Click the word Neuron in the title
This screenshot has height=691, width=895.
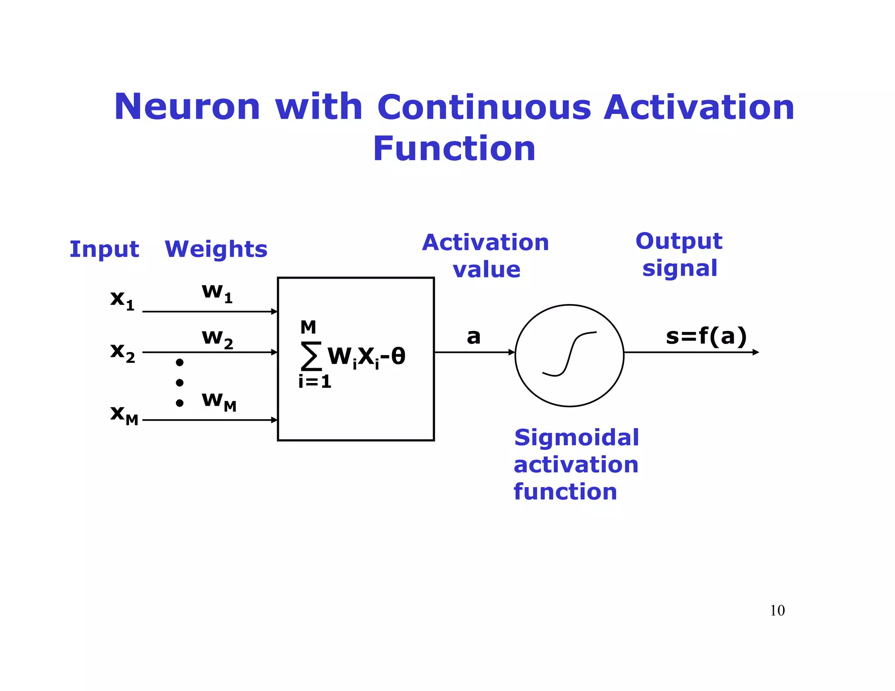click(x=187, y=107)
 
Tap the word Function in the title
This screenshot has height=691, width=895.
click(x=454, y=149)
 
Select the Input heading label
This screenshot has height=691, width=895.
click(x=104, y=249)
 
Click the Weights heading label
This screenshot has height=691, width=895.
click(x=216, y=249)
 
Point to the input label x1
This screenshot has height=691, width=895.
click(x=122, y=300)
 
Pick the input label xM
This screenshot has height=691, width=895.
click(x=124, y=414)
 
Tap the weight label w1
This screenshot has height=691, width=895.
click(x=217, y=292)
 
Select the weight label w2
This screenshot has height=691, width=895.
click(x=217, y=339)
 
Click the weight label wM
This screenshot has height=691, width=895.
click(x=219, y=401)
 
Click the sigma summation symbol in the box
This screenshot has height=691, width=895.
click(x=311, y=356)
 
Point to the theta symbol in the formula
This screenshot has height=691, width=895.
click(x=398, y=356)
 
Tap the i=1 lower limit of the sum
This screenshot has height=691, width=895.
click(x=315, y=382)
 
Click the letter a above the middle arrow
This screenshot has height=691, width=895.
click(x=473, y=337)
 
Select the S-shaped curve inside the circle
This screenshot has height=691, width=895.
click(x=569, y=354)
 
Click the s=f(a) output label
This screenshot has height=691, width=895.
click(x=706, y=336)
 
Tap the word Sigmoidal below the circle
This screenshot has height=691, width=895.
click(x=576, y=438)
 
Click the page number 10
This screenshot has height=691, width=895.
click(x=777, y=610)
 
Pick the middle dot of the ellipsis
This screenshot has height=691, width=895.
click(x=180, y=383)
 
